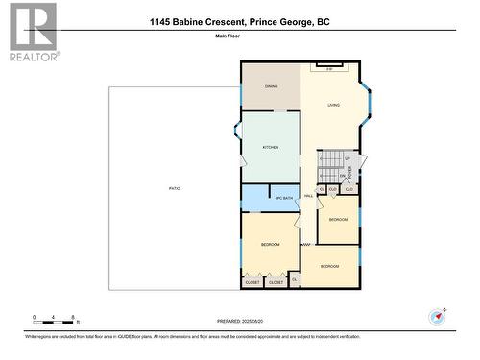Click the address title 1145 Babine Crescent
[239, 21]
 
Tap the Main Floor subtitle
[240, 39]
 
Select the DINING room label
[272, 86]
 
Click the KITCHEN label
[271, 147]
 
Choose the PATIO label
[174, 188]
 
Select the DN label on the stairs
[342, 176]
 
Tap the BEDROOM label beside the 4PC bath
[270, 245]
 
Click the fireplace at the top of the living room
[329, 68]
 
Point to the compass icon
[438, 316]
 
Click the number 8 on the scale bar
[75, 316]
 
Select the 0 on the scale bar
[34, 316]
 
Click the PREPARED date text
[240, 322]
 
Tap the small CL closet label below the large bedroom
[295, 279]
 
